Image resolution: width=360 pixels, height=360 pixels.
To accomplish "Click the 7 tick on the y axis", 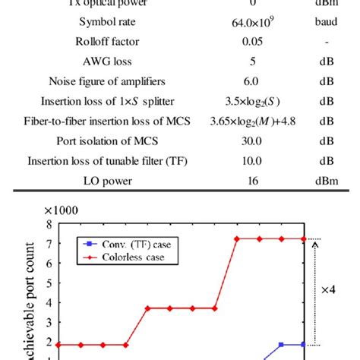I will point(49,244).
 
